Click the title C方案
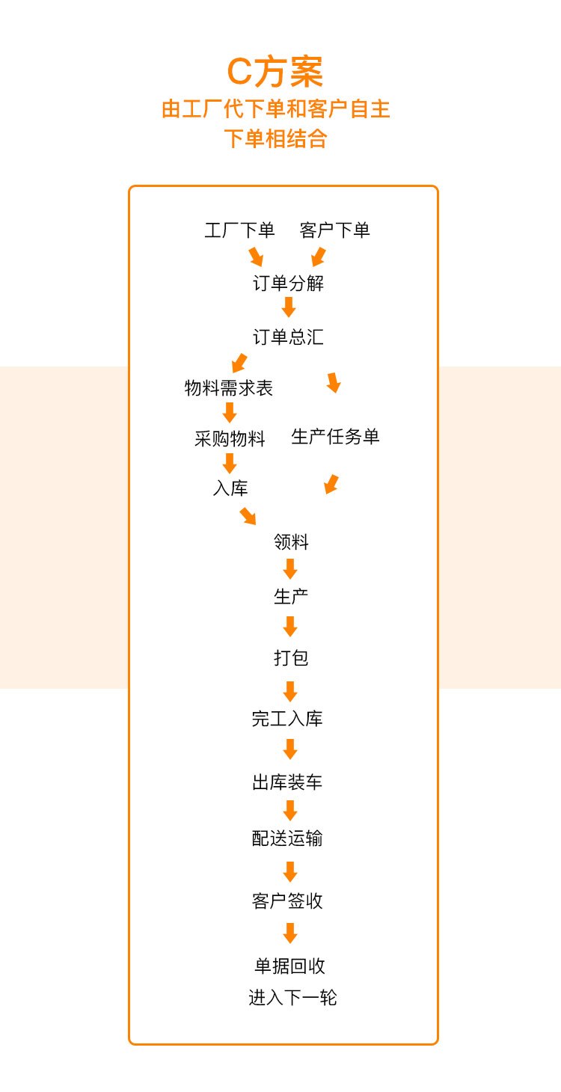pos(275,73)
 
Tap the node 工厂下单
pos(239,230)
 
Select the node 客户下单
pos(334,230)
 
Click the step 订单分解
pos(288,283)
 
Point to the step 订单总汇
pos(288,337)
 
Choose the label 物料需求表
pos(229,388)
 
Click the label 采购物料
pos(230,439)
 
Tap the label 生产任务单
pos(335,437)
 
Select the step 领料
pos(291,542)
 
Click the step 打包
pos(291,658)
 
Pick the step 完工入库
pos(287,719)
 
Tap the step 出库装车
pos(287,783)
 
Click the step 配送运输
pos(287,838)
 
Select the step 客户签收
pos(287,901)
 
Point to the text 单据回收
pos(290,966)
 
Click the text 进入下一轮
pos(292,998)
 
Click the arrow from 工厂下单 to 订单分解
pos(256,257)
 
